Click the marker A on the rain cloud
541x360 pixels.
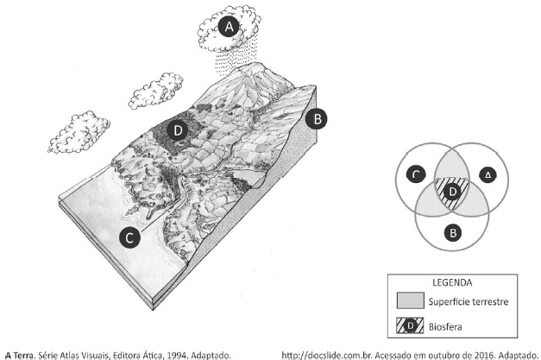pyautogui.click(x=229, y=27)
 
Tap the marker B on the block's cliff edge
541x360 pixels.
pyautogui.click(x=317, y=119)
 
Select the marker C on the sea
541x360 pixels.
pyautogui.click(x=129, y=237)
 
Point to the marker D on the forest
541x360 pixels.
pyautogui.click(x=178, y=130)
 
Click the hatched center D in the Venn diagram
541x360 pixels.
pyautogui.click(x=452, y=192)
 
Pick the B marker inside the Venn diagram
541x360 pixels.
pyautogui.click(x=453, y=233)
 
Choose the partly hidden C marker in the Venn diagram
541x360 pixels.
pyautogui.click(x=417, y=174)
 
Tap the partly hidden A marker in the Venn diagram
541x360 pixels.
pyautogui.click(x=488, y=174)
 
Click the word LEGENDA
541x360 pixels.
pyautogui.click(x=452, y=282)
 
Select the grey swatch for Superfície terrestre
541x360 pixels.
pyautogui.click(x=411, y=300)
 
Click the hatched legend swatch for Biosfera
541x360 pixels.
pyautogui.click(x=410, y=325)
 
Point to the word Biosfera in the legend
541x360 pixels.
pyautogui.click(x=445, y=326)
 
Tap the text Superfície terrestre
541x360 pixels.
pyautogui.click(x=469, y=301)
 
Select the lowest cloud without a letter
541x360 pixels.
pyautogui.click(x=79, y=132)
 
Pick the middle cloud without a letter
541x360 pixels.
pyautogui.click(x=156, y=91)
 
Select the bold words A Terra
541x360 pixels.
pyautogui.click(x=21, y=355)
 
